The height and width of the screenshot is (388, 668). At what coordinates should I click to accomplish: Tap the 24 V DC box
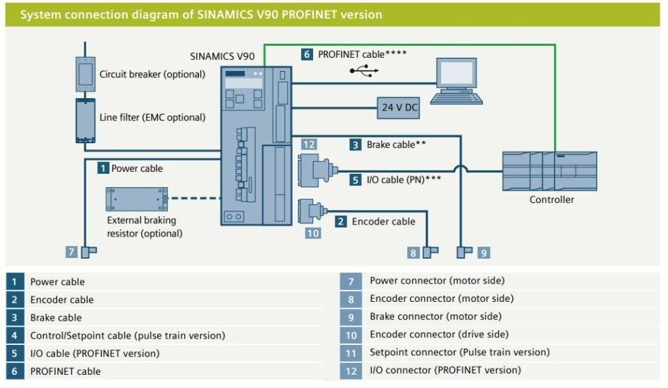398,108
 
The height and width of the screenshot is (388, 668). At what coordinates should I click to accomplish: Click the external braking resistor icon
137,199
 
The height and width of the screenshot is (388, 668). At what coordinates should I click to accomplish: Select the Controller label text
552,200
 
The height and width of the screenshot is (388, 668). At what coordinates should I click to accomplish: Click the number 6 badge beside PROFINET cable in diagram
307,54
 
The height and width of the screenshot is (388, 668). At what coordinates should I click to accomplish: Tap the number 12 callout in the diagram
309,145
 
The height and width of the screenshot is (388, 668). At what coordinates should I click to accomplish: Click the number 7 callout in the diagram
71,252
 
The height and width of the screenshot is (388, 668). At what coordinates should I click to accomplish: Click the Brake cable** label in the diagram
396,145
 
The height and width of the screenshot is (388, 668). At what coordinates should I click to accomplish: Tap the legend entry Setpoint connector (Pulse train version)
459,352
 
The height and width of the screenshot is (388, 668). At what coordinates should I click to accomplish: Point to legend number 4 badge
15,335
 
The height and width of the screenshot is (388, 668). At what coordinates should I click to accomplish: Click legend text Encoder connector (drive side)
439,334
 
